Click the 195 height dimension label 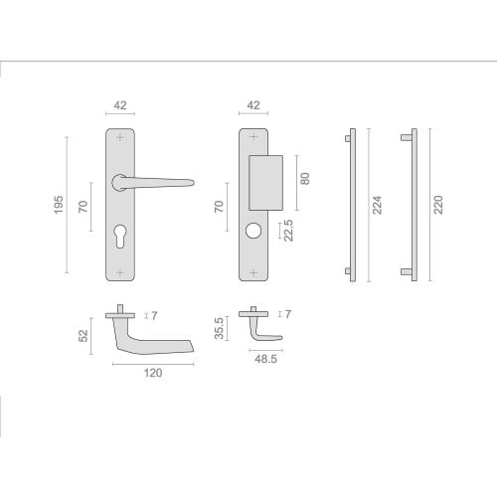click(59, 205)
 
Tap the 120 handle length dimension click(153, 373)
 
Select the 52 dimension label click(83, 335)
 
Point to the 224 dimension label click(377, 205)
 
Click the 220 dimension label click(438, 205)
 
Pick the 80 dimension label click(305, 178)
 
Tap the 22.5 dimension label click(288, 231)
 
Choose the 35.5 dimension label click(219, 328)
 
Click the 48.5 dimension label click(265, 359)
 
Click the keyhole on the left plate click(120, 236)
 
